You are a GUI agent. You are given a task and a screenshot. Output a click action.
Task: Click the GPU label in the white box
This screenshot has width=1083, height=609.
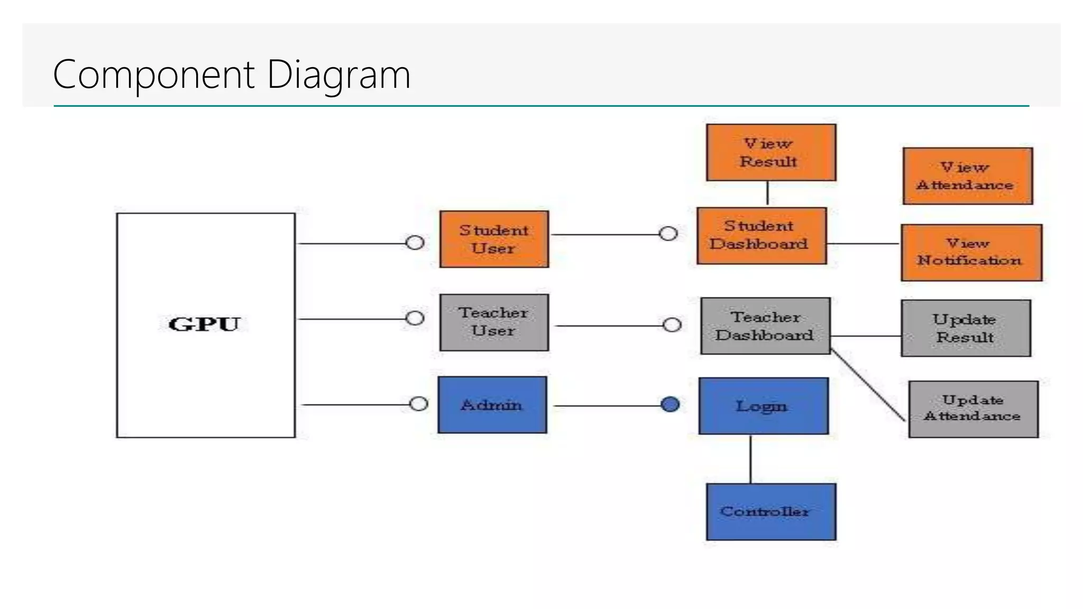tap(205, 324)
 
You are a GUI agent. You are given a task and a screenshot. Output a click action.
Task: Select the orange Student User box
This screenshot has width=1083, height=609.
tap(494, 239)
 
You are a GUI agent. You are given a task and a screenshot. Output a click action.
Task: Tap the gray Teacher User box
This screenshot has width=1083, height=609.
tap(494, 322)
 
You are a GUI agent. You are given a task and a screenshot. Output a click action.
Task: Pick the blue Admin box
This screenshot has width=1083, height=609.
tap(492, 405)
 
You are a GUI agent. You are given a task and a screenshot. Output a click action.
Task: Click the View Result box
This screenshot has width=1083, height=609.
tap(770, 153)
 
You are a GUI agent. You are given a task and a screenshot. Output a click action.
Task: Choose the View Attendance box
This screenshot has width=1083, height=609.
tap(967, 176)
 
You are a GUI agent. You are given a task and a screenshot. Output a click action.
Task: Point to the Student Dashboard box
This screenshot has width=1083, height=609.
tap(761, 236)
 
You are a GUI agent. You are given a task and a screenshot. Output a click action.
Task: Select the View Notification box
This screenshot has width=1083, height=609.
tap(971, 253)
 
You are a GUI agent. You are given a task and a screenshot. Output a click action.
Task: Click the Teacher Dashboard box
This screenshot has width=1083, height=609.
tap(765, 326)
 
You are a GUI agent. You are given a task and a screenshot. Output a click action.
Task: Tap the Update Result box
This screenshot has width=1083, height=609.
tap(966, 328)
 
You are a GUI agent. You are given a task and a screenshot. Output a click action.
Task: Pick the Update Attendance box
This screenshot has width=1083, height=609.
tap(973, 409)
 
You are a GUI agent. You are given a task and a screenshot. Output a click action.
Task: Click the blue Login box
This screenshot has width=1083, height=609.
tap(763, 406)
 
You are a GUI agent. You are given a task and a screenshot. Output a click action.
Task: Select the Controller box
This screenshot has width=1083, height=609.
tap(770, 512)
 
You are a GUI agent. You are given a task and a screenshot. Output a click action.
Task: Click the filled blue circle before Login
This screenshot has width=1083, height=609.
tap(670, 404)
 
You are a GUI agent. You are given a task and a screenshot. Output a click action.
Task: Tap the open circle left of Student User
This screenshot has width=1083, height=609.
tap(415, 243)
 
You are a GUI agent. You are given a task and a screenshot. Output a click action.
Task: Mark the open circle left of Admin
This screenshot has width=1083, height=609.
tap(418, 404)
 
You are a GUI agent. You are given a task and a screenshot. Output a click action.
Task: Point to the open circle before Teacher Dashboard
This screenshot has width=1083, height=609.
tap(672, 325)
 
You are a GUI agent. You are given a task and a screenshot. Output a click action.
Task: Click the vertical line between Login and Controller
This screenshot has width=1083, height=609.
tap(750, 459)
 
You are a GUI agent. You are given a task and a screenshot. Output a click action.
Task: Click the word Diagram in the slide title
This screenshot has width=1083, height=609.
tap(338, 75)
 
